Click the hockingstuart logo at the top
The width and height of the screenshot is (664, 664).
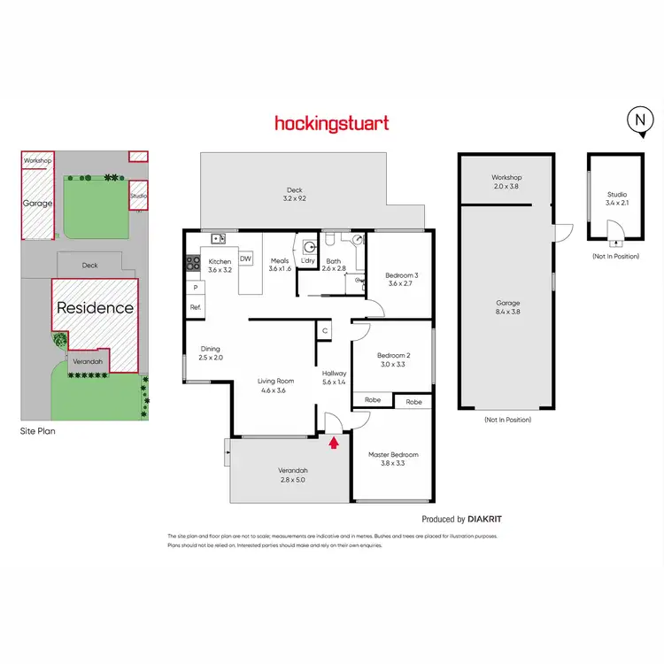[331, 123]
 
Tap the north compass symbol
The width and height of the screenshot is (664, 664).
[637, 121]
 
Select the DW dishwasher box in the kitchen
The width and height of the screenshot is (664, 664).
[245, 259]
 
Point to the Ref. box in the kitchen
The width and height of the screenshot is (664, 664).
[196, 307]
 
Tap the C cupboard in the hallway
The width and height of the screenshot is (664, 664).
[326, 331]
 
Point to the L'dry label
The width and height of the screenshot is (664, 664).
[308, 260]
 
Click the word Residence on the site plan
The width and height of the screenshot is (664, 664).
[96, 308]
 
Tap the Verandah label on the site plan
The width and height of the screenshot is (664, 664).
[88, 362]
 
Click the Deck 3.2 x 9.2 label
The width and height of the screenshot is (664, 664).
[294, 193]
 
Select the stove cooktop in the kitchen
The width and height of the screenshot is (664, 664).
[192, 262]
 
